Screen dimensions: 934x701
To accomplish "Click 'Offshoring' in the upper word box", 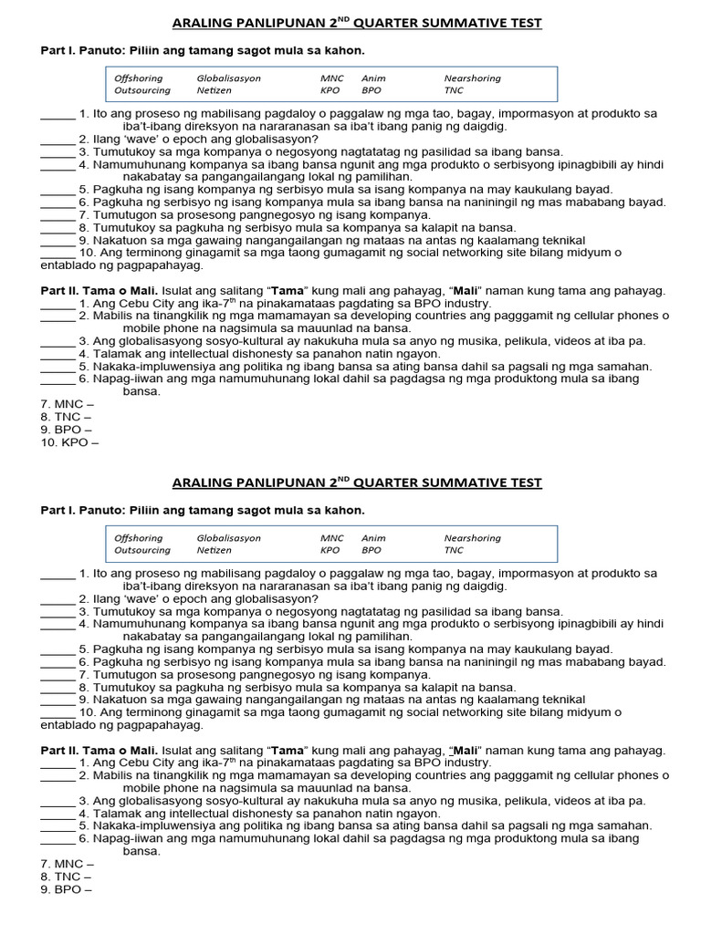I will [138, 78].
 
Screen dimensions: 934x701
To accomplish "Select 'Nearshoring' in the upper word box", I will [472, 78].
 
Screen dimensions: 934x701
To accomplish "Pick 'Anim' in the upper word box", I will [373, 78].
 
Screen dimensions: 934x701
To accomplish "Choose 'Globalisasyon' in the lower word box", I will [228, 538].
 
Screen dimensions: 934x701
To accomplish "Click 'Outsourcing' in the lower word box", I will [141, 551].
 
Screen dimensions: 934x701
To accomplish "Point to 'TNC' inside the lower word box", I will [454, 551].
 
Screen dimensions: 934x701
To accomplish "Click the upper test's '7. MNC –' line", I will [67, 404].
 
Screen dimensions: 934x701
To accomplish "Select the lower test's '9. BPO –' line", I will [66, 889].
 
